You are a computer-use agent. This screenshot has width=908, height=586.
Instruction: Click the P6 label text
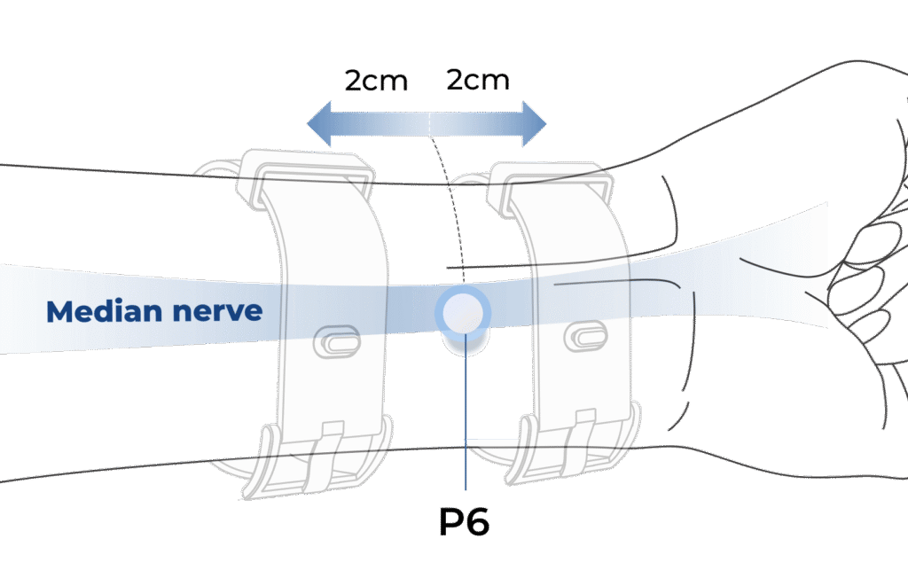[464, 522]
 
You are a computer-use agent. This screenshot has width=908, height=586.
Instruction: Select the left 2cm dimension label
[376, 81]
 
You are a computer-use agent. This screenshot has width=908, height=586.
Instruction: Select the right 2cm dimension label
[478, 81]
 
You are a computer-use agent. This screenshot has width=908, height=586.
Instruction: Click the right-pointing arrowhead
[533, 121]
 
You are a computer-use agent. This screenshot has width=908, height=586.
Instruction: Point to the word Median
[97, 311]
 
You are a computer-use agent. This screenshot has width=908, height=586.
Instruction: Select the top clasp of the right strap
[550, 181]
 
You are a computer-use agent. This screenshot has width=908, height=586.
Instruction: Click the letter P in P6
[451, 522]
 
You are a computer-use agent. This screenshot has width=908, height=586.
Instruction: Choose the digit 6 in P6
[477, 522]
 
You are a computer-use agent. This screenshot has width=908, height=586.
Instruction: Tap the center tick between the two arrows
[429, 121]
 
